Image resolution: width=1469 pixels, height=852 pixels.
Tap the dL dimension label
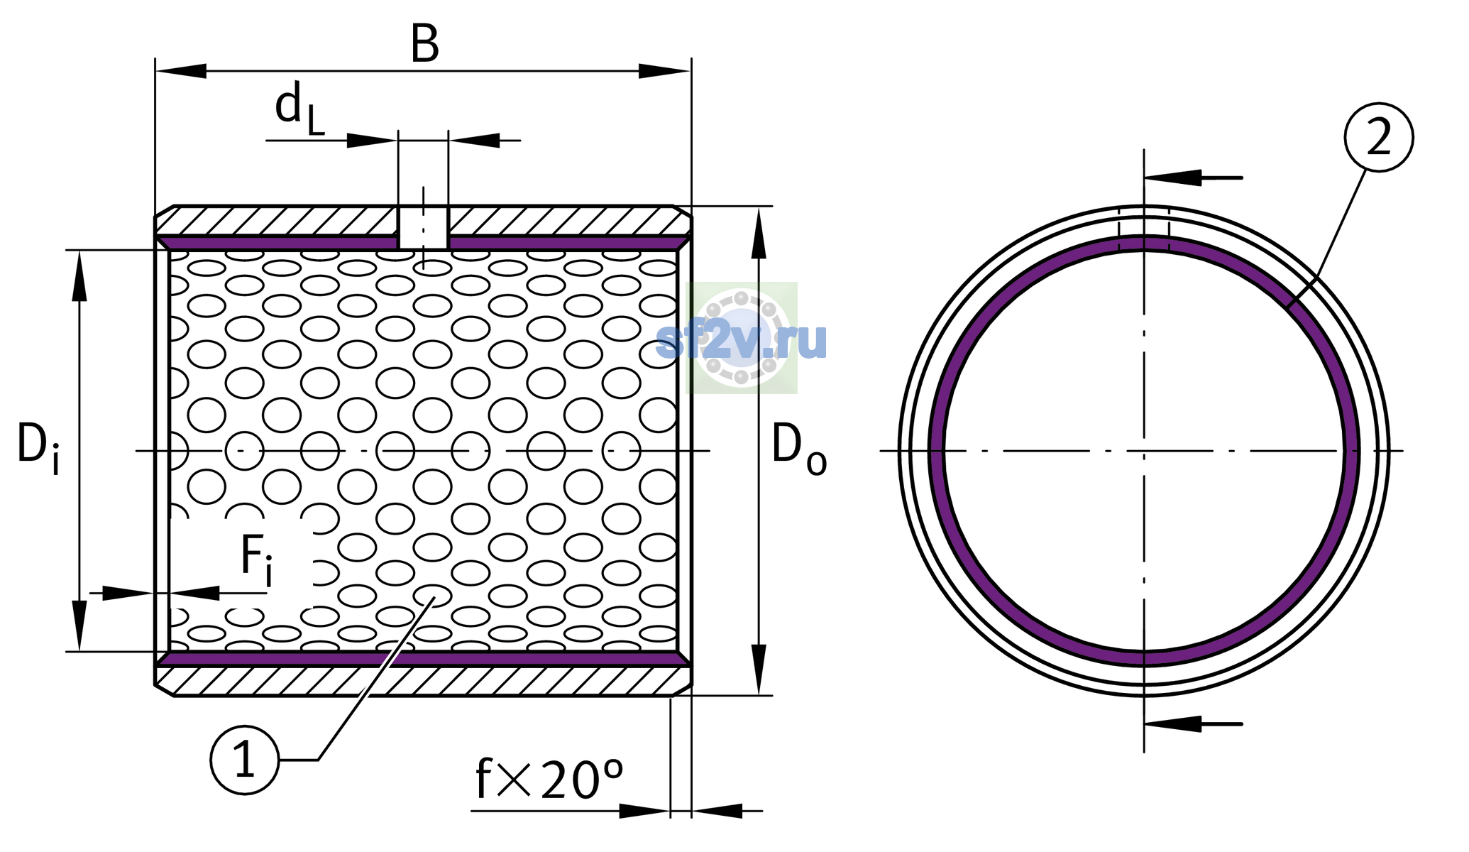(299, 109)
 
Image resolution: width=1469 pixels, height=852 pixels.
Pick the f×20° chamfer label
(549, 779)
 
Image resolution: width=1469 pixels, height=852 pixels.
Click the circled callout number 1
(245, 760)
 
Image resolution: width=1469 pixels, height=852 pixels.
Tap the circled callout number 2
(1378, 138)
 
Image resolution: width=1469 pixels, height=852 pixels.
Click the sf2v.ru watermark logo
(742, 339)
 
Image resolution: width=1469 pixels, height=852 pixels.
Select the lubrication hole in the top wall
(423, 227)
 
